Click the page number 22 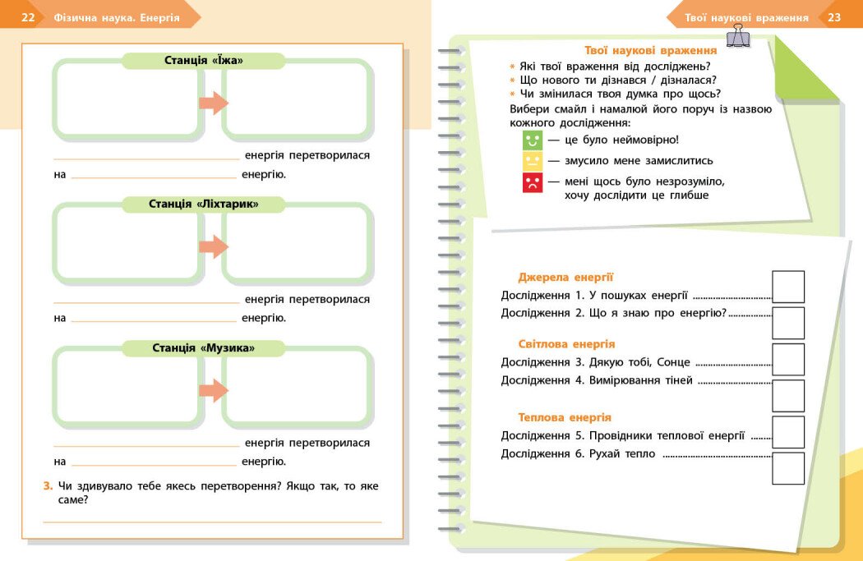(28, 17)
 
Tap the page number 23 (834, 17)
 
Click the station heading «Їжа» (204, 61)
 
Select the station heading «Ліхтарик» (204, 204)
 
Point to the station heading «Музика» (204, 348)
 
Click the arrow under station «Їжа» (213, 103)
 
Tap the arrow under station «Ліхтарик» (213, 246)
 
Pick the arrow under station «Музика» (213, 390)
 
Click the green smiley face (533, 140)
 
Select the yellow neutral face (533, 161)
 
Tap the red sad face (533, 182)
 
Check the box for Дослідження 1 (788, 287)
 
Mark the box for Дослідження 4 (788, 395)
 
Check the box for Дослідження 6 (788, 467)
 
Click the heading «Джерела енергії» (565, 278)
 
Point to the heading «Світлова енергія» (566, 344)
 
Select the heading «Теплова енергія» (565, 417)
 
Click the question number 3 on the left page (48, 485)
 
